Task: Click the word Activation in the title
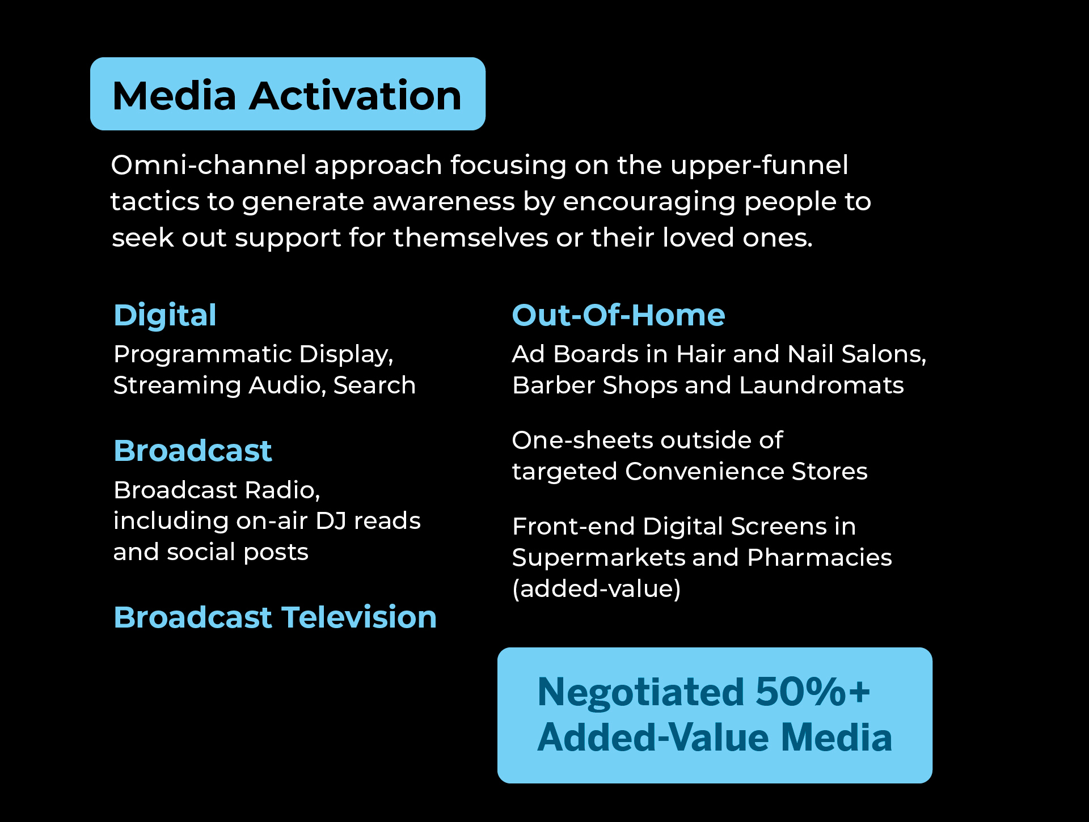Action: [x=356, y=95]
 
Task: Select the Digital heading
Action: [x=165, y=316]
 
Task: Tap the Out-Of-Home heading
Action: [x=618, y=315]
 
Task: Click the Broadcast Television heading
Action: [x=275, y=617]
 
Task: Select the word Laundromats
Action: [x=821, y=385]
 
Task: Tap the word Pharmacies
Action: [x=820, y=557]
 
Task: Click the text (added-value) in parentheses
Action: [x=596, y=589]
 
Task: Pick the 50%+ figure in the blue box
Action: [x=813, y=692]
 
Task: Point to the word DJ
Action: [x=331, y=520]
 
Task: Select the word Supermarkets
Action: [x=598, y=558]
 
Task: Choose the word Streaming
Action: [x=178, y=386]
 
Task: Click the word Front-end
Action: [x=573, y=526]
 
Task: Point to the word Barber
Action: [x=554, y=385]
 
